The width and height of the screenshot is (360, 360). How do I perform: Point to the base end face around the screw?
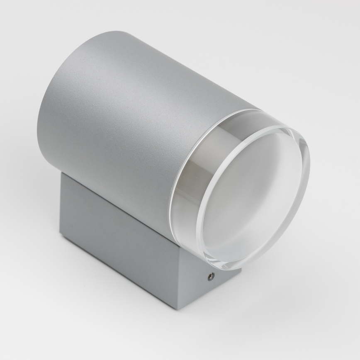207,286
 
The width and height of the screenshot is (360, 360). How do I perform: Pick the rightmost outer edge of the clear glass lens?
309,166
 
